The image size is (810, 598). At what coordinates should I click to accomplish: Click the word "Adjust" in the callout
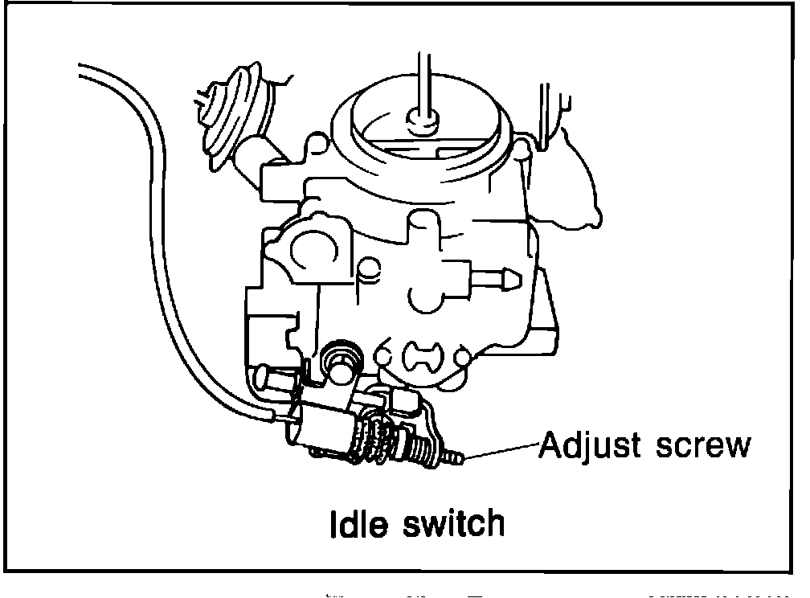pos(591,444)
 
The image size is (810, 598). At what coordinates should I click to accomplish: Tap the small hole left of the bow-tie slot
pos(382,356)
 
